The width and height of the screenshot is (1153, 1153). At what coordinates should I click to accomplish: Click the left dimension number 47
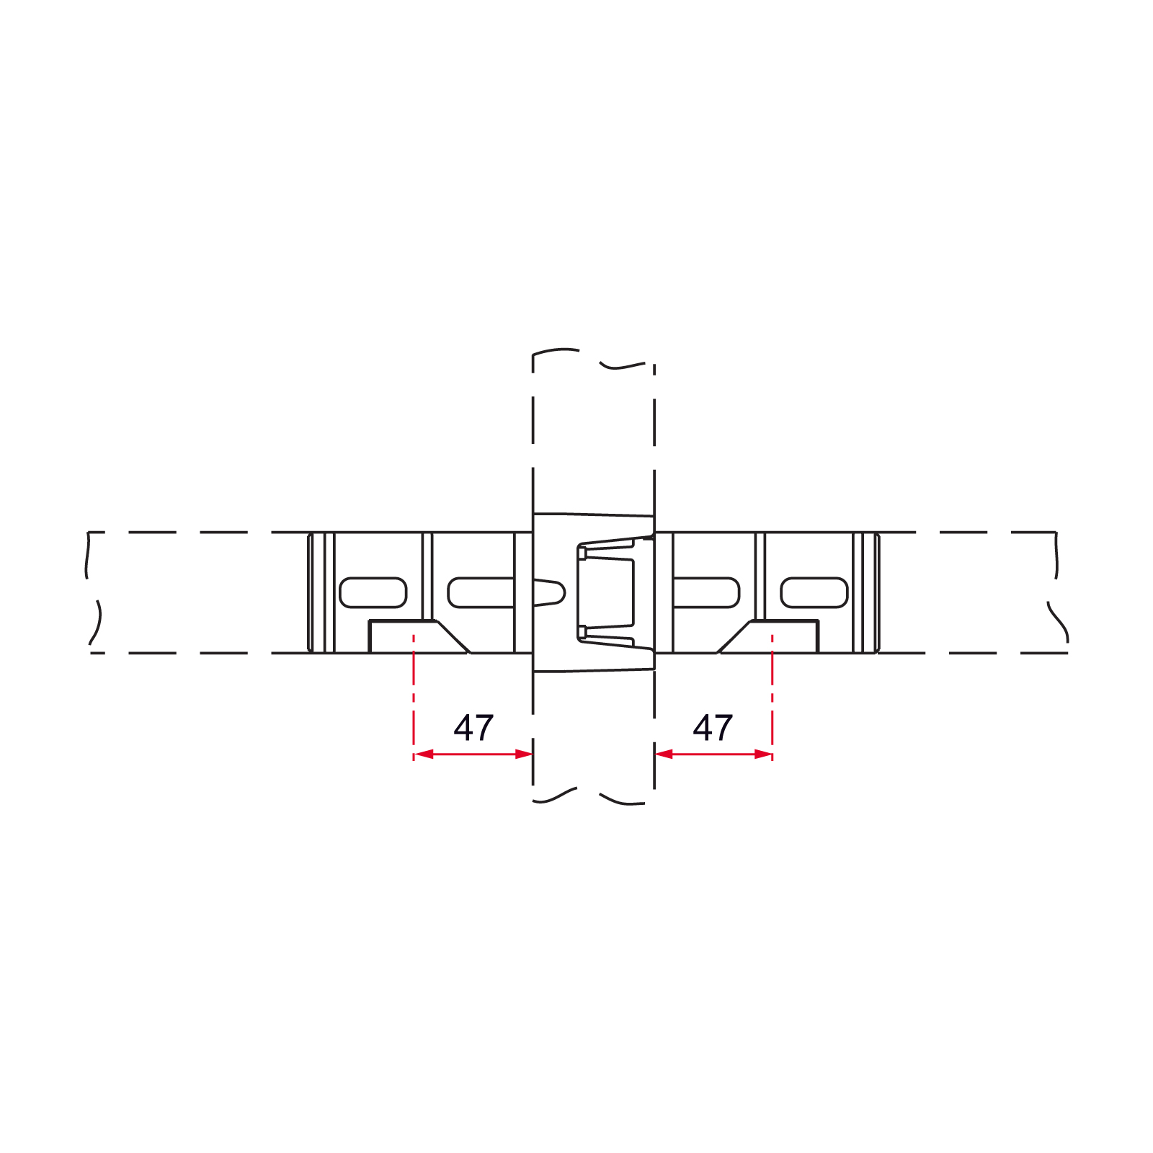click(473, 728)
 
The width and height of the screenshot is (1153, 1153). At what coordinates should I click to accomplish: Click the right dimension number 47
click(713, 728)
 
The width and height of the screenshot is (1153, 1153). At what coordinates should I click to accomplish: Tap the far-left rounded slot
click(373, 592)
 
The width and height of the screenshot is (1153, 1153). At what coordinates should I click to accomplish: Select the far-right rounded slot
click(814, 592)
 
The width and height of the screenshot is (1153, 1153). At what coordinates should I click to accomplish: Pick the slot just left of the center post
click(481, 592)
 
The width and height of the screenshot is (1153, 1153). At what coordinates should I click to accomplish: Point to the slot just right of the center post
click(706, 592)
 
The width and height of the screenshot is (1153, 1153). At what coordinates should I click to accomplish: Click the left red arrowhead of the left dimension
click(424, 754)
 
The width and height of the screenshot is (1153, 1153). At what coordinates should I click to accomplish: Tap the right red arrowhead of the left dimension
click(523, 754)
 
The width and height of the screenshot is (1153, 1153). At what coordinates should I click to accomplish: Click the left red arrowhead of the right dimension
click(664, 754)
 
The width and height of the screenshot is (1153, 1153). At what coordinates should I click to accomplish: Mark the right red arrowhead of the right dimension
click(762, 754)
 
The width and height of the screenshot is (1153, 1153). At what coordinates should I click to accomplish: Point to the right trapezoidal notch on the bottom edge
click(768, 637)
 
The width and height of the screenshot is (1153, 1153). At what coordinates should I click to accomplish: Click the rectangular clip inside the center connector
click(606, 592)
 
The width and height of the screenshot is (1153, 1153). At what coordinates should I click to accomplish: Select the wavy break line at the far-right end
click(1058, 588)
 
